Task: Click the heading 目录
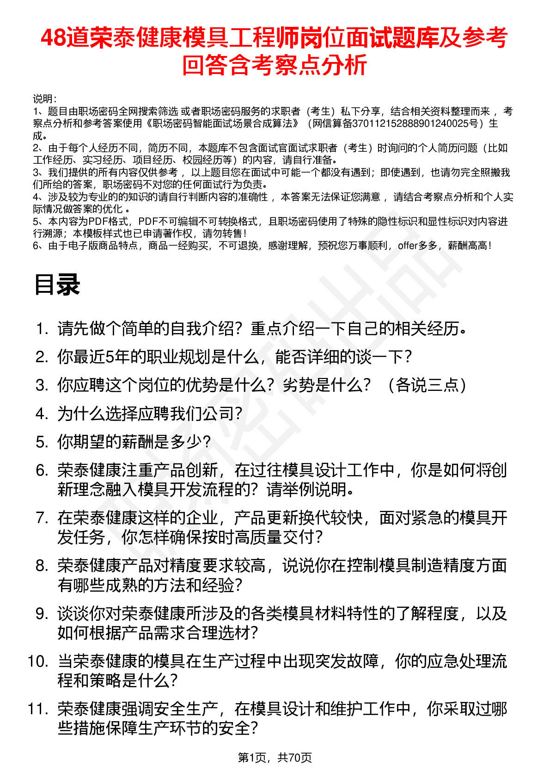tap(57, 284)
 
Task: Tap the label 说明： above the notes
tap(45, 99)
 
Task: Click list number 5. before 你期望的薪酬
tap(42, 442)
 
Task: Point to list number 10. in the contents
tap(38, 661)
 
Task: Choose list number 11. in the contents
tap(38, 709)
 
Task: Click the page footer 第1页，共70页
tap(275, 757)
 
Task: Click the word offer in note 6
tap(407, 246)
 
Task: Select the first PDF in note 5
tap(97, 222)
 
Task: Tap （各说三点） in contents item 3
tap(427, 385)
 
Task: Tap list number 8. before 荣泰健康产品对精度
tap(42, 566)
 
